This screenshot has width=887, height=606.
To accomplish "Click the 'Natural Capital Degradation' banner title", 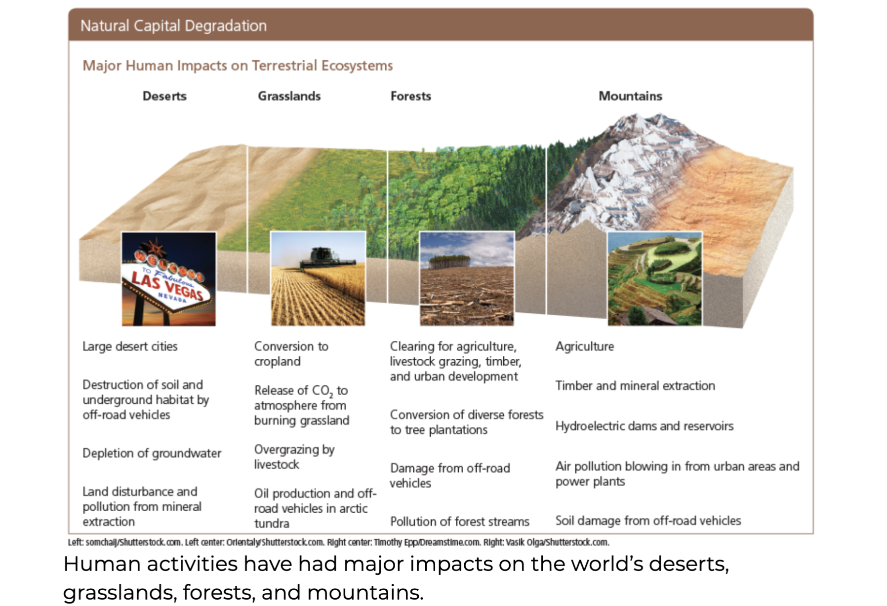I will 173,26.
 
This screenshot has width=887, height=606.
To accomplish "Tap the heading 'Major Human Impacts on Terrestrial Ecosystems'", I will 238,66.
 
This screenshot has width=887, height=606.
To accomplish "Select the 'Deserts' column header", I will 164,96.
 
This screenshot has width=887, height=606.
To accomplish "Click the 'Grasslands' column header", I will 289,96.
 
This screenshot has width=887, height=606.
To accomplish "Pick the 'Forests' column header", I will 410,96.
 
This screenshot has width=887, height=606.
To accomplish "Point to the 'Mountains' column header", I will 630,96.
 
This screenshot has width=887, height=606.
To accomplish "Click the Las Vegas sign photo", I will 168,279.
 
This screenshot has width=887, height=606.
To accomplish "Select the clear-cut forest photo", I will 466,279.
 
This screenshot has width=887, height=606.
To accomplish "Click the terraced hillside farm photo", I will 654,279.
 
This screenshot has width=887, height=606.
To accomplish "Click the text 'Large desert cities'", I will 130,346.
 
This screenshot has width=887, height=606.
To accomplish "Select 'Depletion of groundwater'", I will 152,453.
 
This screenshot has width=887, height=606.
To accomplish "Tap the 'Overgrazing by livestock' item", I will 294,457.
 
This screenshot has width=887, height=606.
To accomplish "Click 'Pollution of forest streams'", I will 459,522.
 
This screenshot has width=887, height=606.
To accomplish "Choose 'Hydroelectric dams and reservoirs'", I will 644,426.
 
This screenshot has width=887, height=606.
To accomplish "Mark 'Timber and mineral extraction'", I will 635,385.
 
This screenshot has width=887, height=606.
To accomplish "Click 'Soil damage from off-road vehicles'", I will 648,521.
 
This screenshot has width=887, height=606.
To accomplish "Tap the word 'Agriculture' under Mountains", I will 584,346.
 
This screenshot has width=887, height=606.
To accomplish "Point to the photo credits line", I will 338,542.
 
